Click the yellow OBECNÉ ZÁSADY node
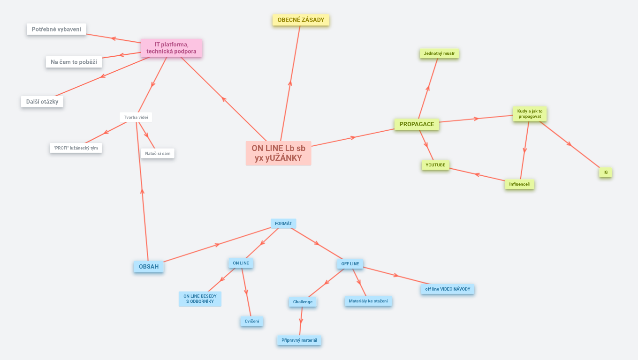pos(301,20)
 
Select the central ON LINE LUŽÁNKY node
pos(278,153)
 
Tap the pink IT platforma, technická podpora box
pos(171,48)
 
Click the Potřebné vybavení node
pos(56,29)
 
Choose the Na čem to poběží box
pos(74,62)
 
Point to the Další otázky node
pos(42,101)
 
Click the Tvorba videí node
pos(136,117)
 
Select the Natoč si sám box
pos(158,153)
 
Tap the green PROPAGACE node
pos(417,124)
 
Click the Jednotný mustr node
pos(439,53)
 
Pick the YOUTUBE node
pos(435,165)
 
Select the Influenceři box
pos(520,184)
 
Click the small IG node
pos(605,172)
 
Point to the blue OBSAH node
pos(148,267)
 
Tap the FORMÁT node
pos(283,224)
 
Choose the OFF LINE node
pos(350,264)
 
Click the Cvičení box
pos(252,321)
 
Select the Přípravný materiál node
pos(299,340)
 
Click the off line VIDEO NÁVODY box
pos(447,289)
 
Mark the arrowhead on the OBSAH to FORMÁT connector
pos(217,244)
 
